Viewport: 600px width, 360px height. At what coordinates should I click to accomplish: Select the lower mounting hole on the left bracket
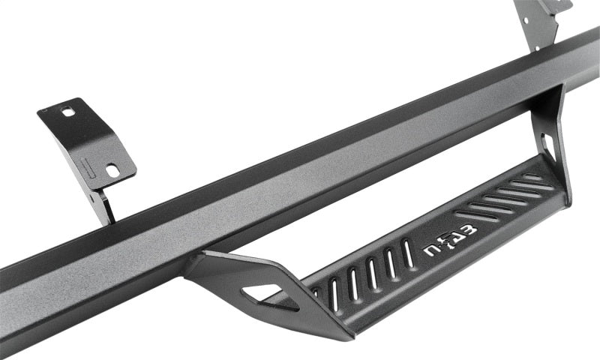112,170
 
